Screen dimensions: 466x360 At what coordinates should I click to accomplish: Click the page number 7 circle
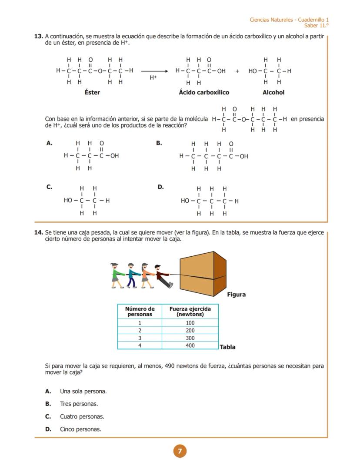[x=180, y=451]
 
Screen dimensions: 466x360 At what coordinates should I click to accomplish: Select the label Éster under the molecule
[x=92, y=92]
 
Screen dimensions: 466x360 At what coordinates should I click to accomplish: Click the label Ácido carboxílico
[x=204, y=92]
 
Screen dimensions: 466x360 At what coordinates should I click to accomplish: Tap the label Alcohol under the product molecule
[x=273, y=92]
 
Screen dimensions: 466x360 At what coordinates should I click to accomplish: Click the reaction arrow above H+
[x=154, y=71]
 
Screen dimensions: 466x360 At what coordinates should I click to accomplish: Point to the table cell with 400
[x=190, y=345]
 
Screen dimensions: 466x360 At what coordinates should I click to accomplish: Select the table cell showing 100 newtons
[x=190, y=323]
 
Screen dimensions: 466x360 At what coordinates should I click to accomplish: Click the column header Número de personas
[x=140, y=312]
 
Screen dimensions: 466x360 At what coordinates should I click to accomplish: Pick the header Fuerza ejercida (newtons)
[x=190, y=312]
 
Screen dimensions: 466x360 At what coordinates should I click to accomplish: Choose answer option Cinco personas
[x=80, y=429]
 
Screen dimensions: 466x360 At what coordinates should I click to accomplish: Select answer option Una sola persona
[x=83, y=392]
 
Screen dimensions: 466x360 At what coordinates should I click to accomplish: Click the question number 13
[x=38, y=37]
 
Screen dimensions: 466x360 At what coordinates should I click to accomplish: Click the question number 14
[x=38, y=233]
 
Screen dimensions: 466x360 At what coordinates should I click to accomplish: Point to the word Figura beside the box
[x=236, y=295]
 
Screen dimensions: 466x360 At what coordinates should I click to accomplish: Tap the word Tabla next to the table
[x=227, y=347]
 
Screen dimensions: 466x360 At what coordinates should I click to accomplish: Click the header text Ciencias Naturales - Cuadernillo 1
[x=289, y=20]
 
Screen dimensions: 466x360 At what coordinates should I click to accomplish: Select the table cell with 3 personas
[x=140, y=338]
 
